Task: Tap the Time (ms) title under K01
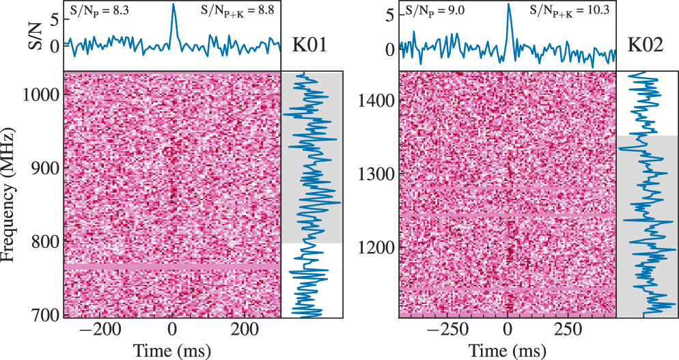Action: point(172,349)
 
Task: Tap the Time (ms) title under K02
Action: point(508,349)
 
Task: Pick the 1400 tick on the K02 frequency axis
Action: point(376,101)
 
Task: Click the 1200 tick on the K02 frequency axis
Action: point(376,247)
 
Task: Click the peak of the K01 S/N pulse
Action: point(173,4)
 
